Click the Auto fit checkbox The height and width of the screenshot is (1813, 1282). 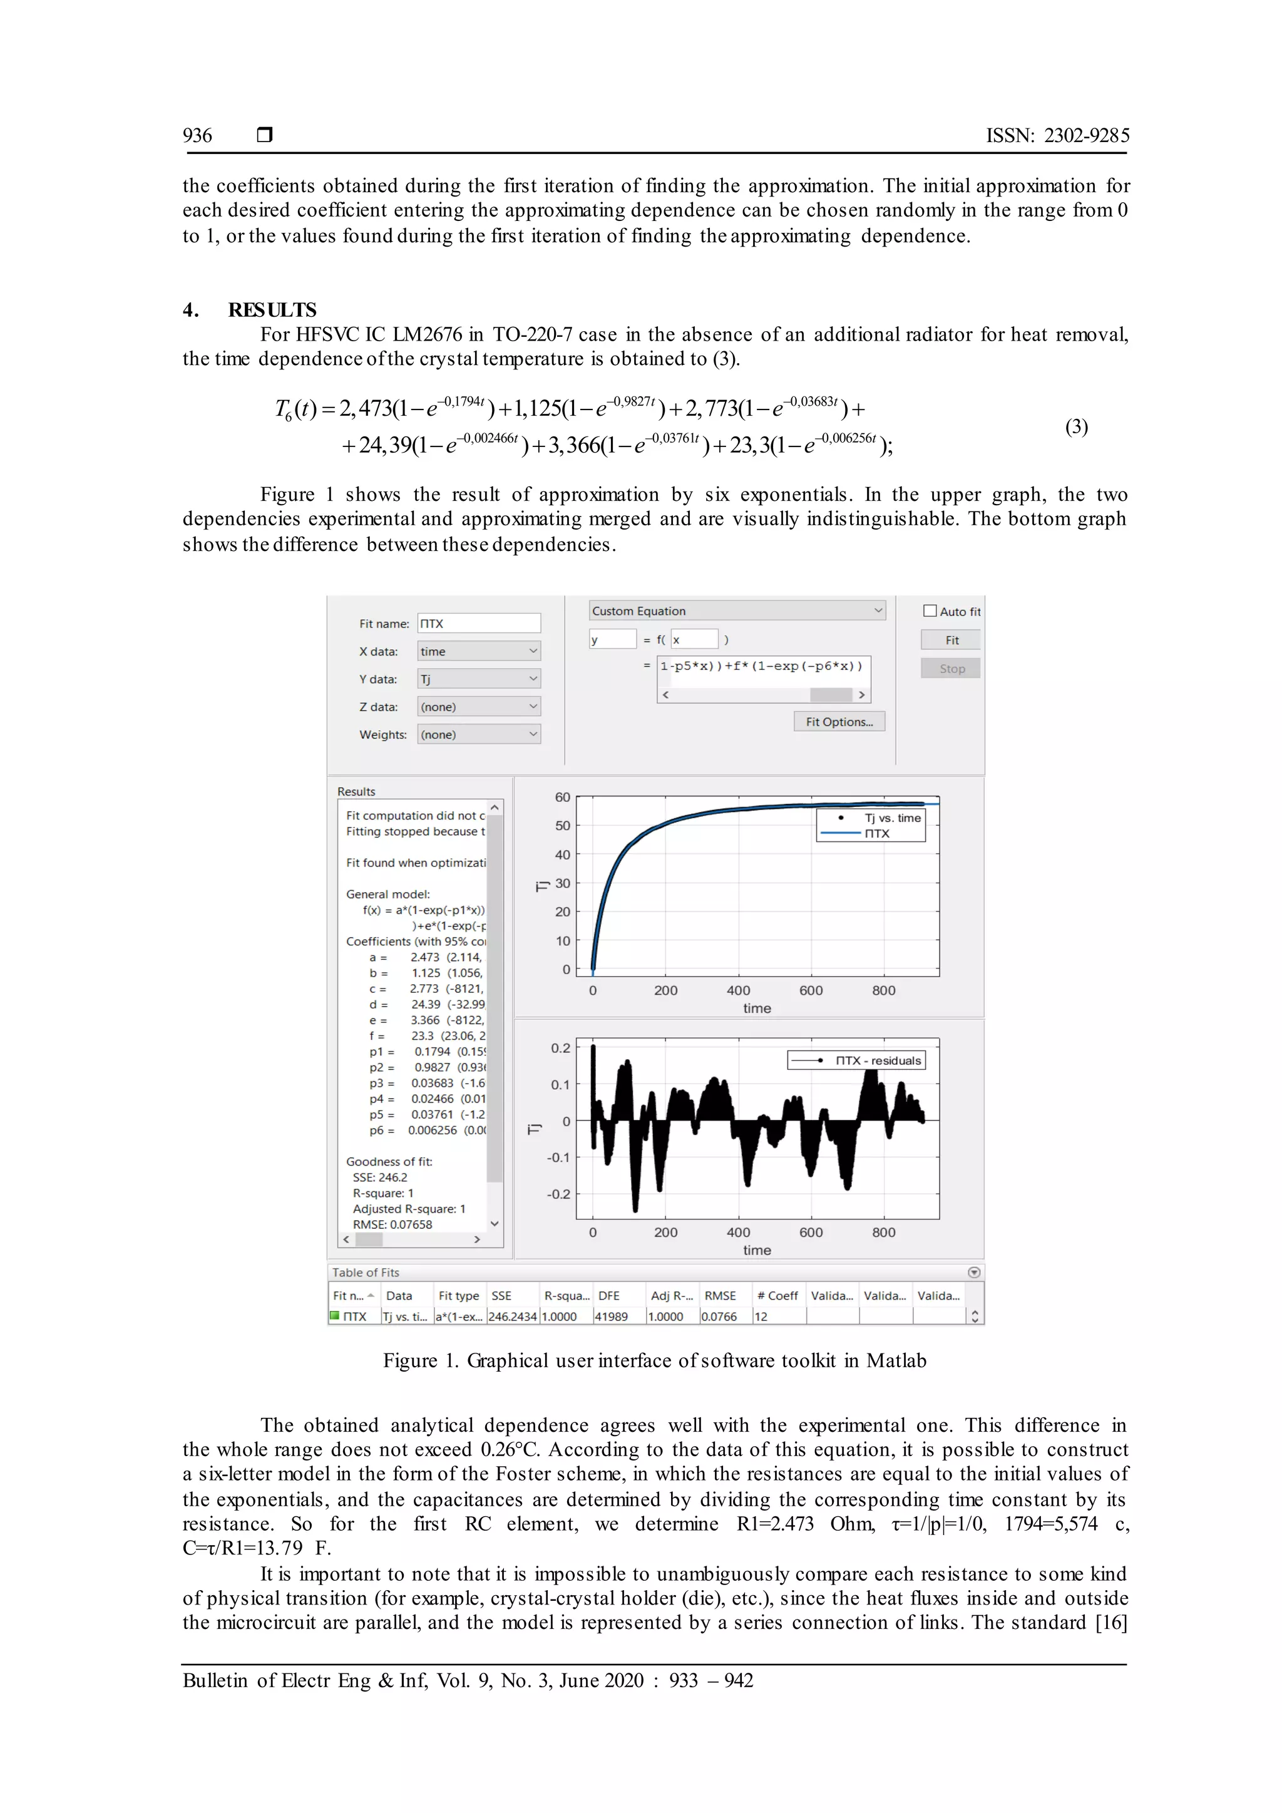coord(930,610)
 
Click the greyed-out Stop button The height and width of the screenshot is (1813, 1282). coord(951,668)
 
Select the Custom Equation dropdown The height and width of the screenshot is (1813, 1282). coord(737,610)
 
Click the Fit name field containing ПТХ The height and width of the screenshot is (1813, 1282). coord(478,623)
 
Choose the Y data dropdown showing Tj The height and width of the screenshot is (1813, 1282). coord(478,679)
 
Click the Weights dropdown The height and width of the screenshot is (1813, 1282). coord(478,734)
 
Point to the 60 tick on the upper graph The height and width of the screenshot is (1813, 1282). coord(562,797)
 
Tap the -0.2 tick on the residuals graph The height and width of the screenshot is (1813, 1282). coord(558,1194)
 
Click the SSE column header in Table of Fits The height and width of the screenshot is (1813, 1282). coord(501,1296)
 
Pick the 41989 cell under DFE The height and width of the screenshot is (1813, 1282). coord(611,1317)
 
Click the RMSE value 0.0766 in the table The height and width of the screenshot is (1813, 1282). coord(719,1317)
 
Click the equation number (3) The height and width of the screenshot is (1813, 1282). coord(1076,426)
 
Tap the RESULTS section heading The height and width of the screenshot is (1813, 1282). coord(272,309)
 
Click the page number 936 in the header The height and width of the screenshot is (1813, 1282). coord(197,136)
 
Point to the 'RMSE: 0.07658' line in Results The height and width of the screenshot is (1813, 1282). coord(392,1224)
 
